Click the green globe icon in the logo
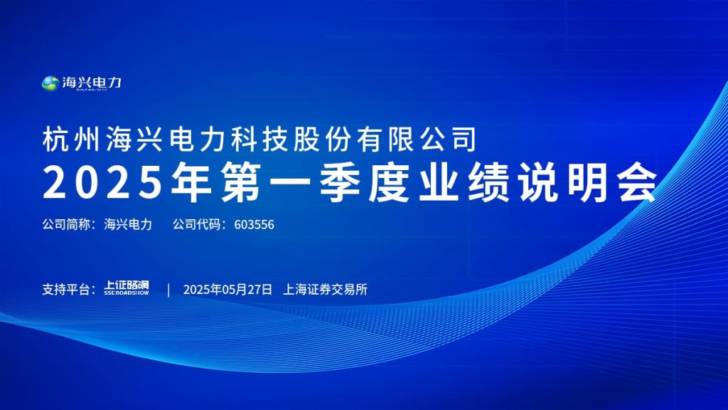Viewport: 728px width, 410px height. [50, 83]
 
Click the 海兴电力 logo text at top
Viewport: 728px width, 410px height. [92, 83]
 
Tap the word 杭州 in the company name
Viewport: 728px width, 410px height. [71, 139]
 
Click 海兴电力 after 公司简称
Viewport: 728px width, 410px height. [128, 224]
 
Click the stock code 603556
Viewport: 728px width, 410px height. [254, 224]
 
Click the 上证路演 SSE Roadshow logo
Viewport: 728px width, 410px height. [127, 287]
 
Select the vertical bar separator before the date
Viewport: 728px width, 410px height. [168, 290]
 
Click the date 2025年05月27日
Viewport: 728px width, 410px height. [227, 290]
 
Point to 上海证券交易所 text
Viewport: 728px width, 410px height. [325, 290]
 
